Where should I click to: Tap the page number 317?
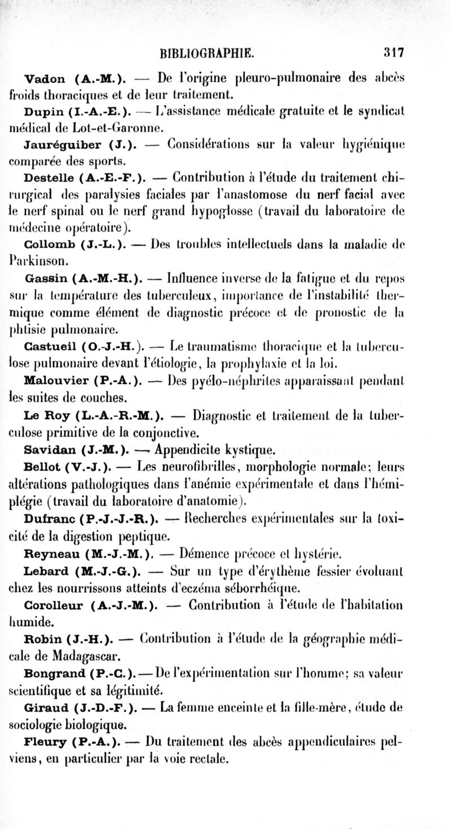[x=393, y=53]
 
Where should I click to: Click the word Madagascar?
[x=76, y=655]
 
